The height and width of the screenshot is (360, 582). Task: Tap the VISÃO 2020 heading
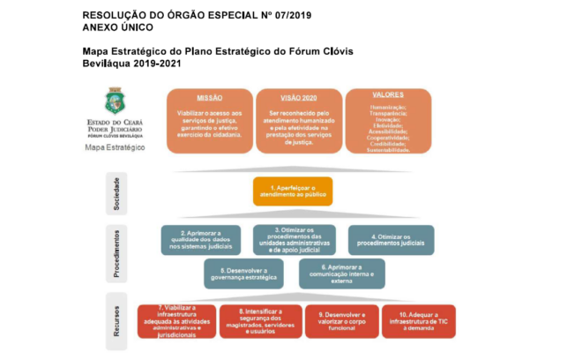coord(297,99)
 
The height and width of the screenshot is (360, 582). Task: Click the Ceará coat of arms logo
coord(115,100)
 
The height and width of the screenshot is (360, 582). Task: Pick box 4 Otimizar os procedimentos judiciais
coord(391,239)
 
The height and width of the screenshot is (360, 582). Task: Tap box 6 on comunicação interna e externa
coord(341,273)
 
